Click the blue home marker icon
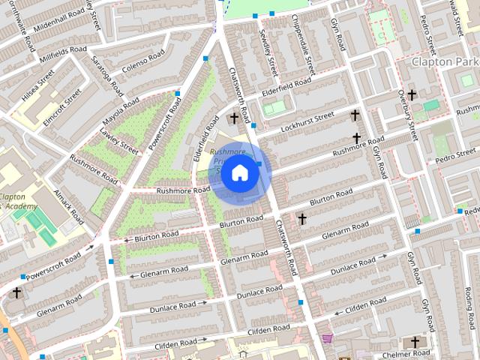239,173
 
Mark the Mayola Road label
122,109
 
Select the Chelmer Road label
406,353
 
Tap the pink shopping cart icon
328,339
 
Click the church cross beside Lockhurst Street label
355,115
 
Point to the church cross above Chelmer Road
415,343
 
